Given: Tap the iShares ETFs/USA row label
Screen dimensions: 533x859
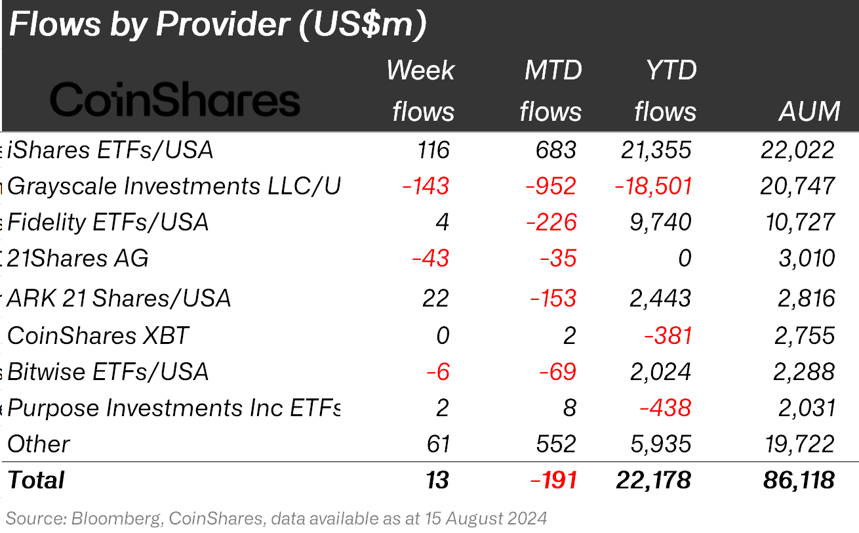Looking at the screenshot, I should click(110, 150).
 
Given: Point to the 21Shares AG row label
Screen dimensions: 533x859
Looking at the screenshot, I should click(77, 258).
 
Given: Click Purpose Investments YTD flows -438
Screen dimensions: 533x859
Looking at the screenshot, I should click(665, 408).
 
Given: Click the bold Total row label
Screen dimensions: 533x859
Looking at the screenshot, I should click(35, 480).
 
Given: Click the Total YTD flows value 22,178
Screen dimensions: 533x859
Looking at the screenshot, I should click(653, 480).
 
